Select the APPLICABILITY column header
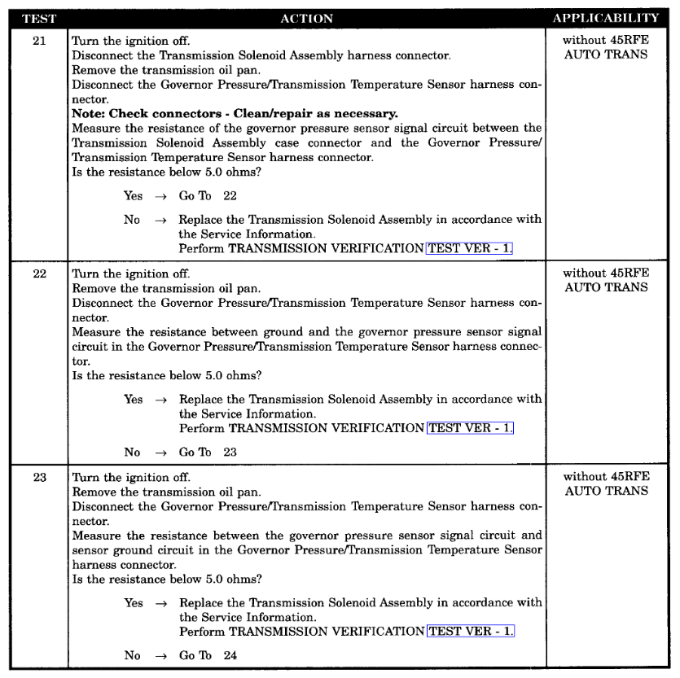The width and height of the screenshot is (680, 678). pyautogui.click(x=606, y=18)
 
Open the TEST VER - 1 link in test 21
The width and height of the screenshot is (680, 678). pyautogui.click(x=470, y=247)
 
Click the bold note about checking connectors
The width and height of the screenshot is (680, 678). pyautogui.click(x=235, y=113)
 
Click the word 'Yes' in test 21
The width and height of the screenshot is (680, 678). pyautogui.click(x=133, y=196)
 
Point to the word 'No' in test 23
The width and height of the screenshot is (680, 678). pyautogui.click(x=132, y=656)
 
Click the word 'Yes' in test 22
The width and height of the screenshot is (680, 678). pyautogui.click(x=133, y=400)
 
